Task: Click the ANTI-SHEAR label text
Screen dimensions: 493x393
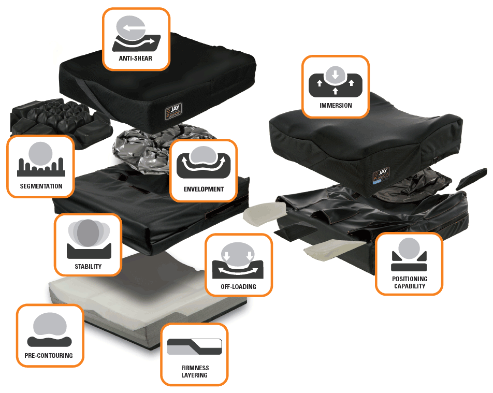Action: (136, 58)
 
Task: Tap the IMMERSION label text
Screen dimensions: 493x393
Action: (336, 105)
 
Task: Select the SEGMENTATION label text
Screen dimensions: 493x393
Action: (41, 186)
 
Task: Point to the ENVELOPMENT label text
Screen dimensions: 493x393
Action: (204, 190)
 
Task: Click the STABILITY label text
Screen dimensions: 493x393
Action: (88, 267)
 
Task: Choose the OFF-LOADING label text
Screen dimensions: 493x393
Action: (238, 287)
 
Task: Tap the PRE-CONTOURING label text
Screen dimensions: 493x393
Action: (49, 356)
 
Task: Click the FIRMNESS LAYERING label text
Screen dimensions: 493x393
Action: (195, 371)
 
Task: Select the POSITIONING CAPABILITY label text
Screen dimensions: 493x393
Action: (409, 282)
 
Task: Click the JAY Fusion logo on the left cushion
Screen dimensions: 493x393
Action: (173, 112)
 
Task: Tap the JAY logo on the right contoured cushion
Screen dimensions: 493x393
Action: (381, 175)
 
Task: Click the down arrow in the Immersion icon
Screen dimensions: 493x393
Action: (335, 75)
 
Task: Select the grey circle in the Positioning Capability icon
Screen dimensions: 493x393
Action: (409, 249)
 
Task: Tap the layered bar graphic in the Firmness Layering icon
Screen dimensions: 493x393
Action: (194, 347)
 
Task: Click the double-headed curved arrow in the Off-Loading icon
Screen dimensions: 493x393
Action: (238, 271)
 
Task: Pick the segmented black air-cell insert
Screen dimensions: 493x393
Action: (61, 121)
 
